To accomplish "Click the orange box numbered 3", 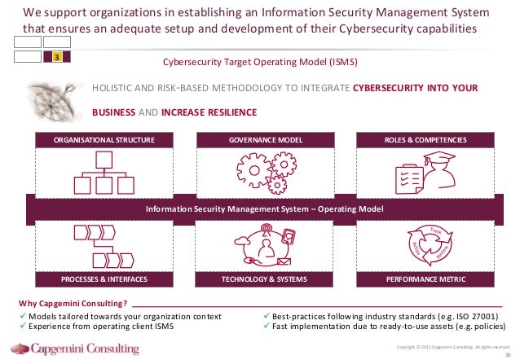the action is pyautogui.click(x=55, y=57).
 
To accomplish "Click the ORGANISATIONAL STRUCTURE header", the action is pyautogui.click(x=104, y=140).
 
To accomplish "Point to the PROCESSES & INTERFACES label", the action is pyautogui.click(x=104, y=279).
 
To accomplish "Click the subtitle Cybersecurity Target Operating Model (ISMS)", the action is pyautogui.click(x=260, y=61).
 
